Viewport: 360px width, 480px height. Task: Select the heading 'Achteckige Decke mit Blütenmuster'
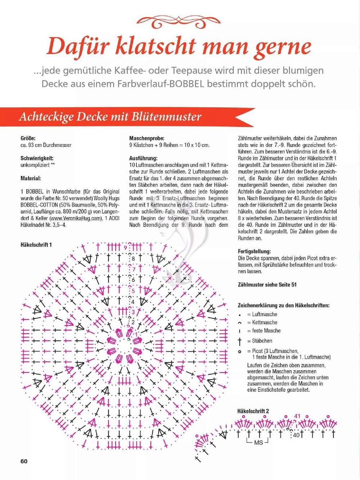(110, 117)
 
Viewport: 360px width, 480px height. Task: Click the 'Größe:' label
(28, 138)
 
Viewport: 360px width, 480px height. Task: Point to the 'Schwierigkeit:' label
(37, 158)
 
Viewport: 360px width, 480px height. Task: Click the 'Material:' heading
(31, 178)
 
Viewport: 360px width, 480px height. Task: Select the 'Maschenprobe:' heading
(147, 138)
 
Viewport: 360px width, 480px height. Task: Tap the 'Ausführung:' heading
(143, 158)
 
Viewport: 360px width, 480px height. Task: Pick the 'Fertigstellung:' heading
(255, 251)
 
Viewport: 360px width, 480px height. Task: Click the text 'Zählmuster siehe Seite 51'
(267, 284)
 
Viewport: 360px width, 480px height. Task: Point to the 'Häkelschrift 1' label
(36, 245)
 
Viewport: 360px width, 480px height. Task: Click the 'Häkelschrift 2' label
(253, 411)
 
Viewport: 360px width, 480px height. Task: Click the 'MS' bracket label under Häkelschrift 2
(258, 442)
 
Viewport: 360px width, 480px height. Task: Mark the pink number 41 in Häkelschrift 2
(297, 416)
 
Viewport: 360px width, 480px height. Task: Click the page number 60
(24, 461)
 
